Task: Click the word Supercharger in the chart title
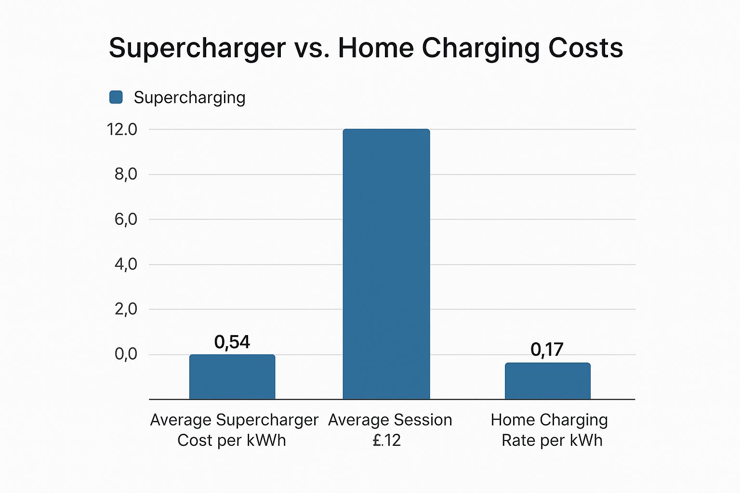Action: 197,49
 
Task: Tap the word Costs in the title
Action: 585,48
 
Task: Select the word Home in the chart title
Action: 376,48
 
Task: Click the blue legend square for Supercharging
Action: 116,97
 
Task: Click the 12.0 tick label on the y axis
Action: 121,130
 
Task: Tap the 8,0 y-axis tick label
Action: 126,174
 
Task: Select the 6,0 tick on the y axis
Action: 126,219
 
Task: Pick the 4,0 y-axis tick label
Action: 126,264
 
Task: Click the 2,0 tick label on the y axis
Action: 126,310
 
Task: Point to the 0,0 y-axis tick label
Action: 126,354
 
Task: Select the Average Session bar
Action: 386,264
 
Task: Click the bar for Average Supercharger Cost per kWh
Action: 232,377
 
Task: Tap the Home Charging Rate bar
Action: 548,381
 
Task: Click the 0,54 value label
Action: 232,342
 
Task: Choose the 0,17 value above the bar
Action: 547,350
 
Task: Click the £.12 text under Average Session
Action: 386,440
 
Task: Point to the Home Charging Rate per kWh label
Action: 550,430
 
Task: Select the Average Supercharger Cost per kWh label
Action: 234,430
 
